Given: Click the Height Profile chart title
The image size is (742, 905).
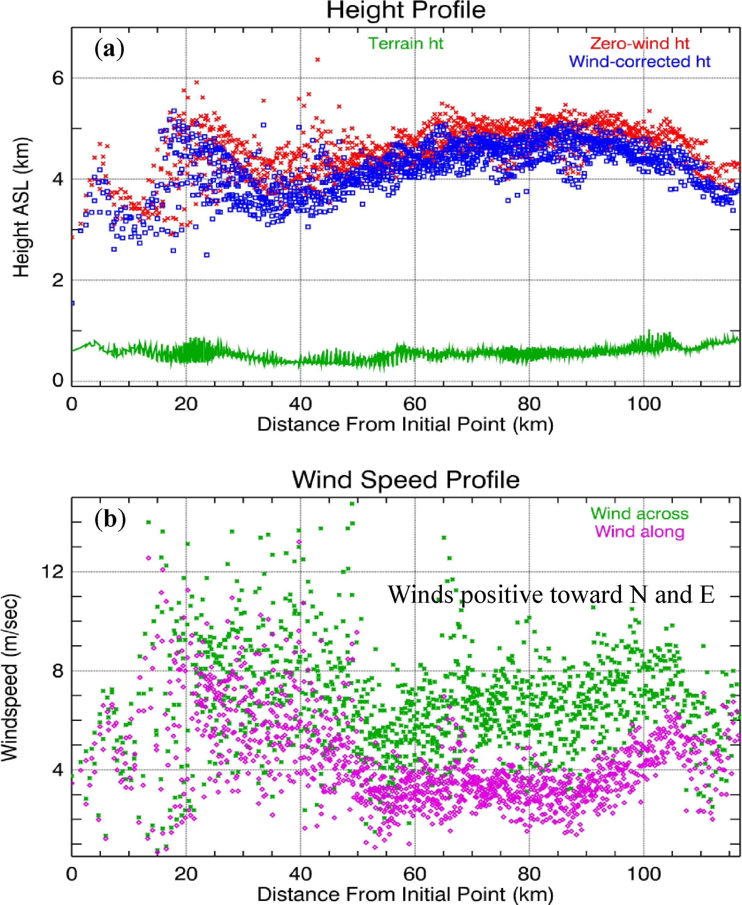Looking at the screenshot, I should point(406,10).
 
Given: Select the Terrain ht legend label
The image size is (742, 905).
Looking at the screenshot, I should point(406,44).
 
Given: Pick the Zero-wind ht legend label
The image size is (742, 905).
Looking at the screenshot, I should point(640,44).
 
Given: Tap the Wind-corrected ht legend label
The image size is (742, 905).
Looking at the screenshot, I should point(640,62).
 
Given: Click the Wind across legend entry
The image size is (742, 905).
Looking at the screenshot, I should point(640,514).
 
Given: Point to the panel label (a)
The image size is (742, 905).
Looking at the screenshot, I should point(109,49).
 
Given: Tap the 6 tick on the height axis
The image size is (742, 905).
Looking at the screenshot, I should point(58,78).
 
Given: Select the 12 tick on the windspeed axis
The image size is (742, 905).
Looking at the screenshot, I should point(52,571).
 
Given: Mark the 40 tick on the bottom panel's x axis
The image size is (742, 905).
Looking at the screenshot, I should point(300,874).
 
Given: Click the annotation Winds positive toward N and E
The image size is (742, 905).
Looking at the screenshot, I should point(551,595).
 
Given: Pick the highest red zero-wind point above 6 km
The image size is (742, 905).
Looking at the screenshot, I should point(317,59).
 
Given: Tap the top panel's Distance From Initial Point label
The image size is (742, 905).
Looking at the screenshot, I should point(405,425).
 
